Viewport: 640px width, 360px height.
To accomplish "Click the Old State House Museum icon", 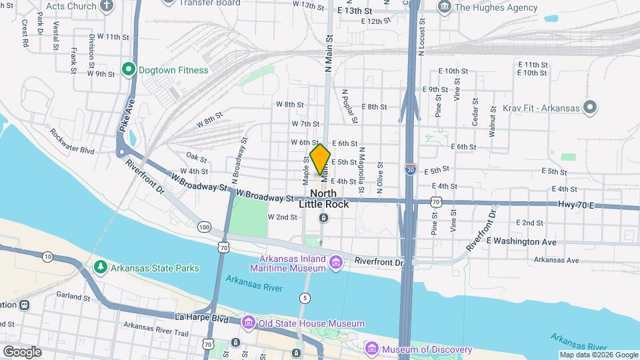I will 249,323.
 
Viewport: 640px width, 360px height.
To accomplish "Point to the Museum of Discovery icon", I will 372,349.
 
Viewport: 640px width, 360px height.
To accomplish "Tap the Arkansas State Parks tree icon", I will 100,268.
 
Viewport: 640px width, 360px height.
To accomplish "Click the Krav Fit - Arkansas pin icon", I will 589,107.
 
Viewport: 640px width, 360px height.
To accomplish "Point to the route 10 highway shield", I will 47,256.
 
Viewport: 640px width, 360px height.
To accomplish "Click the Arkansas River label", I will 254,288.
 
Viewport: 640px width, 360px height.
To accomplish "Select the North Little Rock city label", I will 323,199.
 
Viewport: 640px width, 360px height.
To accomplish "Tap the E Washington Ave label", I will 521,241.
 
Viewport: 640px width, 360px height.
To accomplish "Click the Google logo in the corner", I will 22,351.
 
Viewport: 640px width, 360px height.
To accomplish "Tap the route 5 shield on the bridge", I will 305,297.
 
